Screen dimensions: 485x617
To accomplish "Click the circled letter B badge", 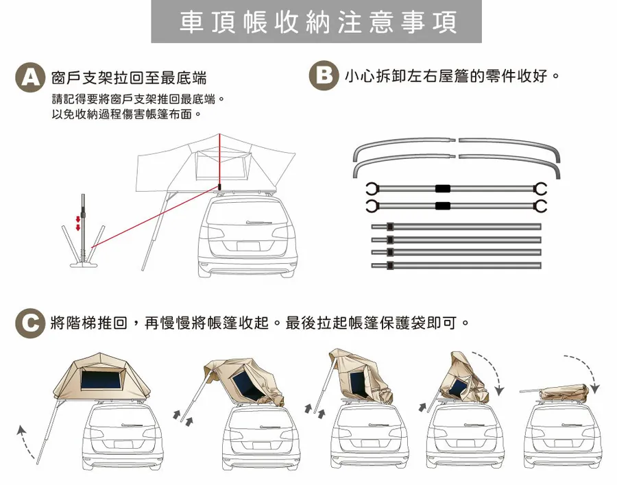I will (x=324, y=75).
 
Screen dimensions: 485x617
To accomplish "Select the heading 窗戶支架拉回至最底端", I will (x=129, y=76).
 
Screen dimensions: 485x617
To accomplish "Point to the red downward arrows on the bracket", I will (x=79, y=223).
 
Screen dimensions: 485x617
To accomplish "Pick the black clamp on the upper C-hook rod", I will (x=443, y=188).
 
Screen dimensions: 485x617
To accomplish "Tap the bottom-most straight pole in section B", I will (x=456, y=265).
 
